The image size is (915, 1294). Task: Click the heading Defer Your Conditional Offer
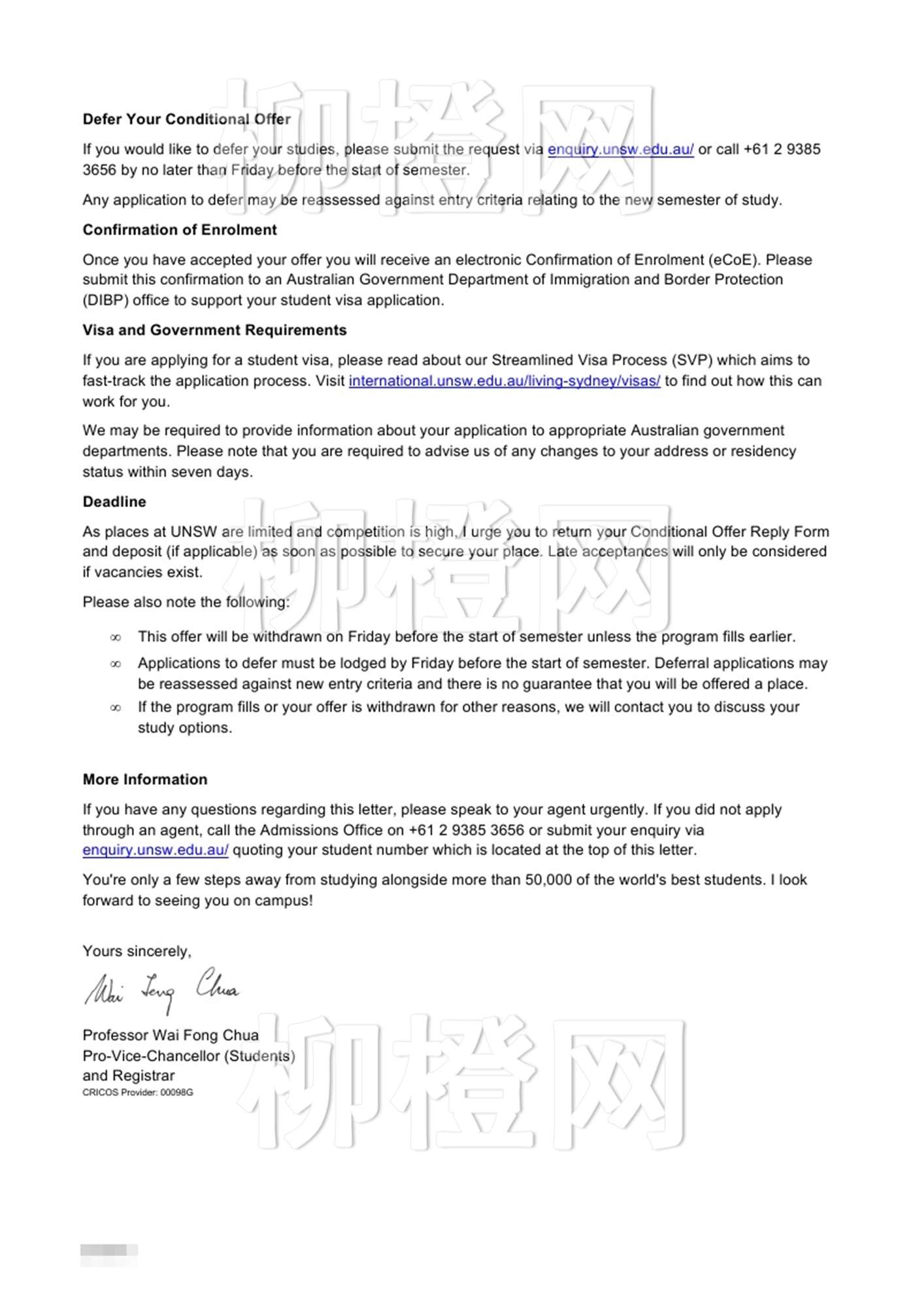tap(186, 119)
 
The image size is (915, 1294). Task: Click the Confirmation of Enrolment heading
tap(180, 230)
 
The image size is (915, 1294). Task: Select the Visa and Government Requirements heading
tap(214, 330)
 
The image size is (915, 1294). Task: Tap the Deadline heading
tap(114, 502)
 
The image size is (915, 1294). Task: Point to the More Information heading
tap(145, 780)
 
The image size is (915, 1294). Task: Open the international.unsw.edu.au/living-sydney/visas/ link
tap(505, 381)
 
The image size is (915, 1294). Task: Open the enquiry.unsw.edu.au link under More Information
tap(156, 850)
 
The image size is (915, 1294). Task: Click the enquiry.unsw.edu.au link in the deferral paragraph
tap(620, 150)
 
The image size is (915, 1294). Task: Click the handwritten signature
tap(162, 989)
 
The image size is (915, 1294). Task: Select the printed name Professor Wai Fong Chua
tap(171, 1035)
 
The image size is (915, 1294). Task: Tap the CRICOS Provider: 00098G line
tap(138, 1093)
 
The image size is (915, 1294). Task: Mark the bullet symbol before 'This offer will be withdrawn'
tap(116, 638)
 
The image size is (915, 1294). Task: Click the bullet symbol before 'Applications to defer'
tap(116, 665)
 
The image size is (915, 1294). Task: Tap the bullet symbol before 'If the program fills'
tap(116, 708)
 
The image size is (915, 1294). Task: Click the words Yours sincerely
tap(137, 952)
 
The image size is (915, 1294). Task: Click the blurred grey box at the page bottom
tap(109, 1250)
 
